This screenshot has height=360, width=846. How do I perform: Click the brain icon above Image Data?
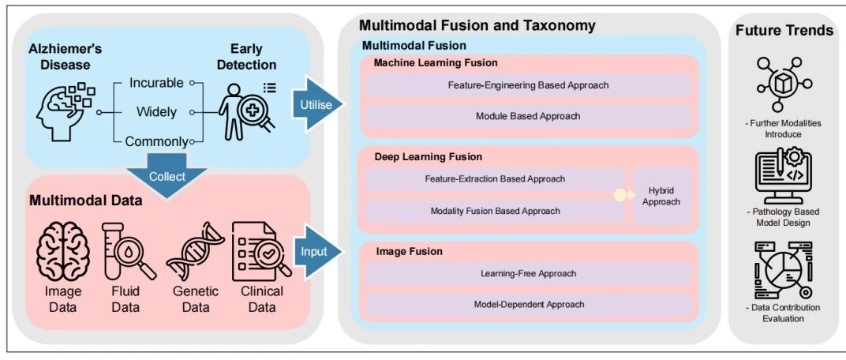[63, 251]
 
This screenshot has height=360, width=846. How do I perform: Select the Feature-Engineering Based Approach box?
[528, 84]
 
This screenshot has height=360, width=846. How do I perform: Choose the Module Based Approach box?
[528, 116]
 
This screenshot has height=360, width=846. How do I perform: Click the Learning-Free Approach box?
[528, 273]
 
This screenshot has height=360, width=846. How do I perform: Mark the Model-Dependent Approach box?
[528, 304]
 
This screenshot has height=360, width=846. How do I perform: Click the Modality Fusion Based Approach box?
[495, 211]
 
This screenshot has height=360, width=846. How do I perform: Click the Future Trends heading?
[784, 31]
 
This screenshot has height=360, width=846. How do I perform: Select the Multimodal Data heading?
[86, 200]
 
